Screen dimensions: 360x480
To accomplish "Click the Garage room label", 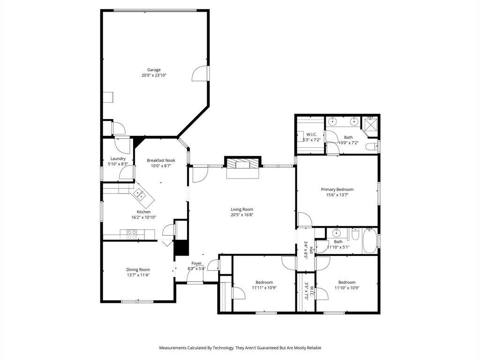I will coord(154,70).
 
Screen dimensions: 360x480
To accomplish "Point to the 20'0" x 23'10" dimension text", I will coord(154,75).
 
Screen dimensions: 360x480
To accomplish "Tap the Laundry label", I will coord(118,158).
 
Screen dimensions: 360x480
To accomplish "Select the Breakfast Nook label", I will coord(161,160).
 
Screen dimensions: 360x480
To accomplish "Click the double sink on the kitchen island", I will coord(139,194).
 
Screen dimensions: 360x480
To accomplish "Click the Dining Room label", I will coord(138,270).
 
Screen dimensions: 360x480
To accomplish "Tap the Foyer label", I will coord(196,263).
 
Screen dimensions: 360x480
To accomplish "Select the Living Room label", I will coord(242,210).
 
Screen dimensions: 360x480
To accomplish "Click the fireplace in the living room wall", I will coord(241,164).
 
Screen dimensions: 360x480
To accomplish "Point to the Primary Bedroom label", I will coord(337,189).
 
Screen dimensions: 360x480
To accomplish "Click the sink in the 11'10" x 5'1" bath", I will coord(337,233).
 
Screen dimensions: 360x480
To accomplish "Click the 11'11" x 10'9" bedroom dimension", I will coord(264,288).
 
